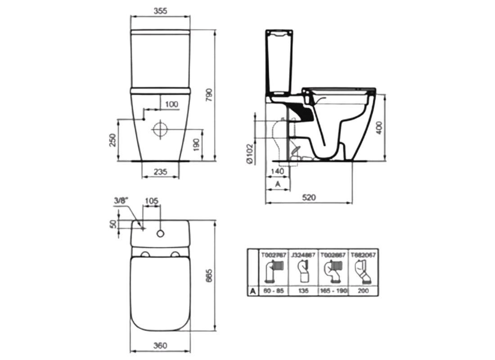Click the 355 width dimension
pyautogui.click(x=160, y=11)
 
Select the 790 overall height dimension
pyautogui.click(x=209, y=95)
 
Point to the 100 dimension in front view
pyautogui.click(x=171, y=104)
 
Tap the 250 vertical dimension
pyautogui.click(x=113, y=140)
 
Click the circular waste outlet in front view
pyautogui.click(x=160, y=130)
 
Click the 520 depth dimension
pyautogui.click(x=308, y=197)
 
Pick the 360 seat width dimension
pyautogui.click(x=160, y=346)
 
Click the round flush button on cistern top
pyautogui.click(x=160, y=233)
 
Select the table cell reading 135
pyautogui.click(x=304, y=291)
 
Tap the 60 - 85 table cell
pyautogui.click(x=274, y=291)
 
